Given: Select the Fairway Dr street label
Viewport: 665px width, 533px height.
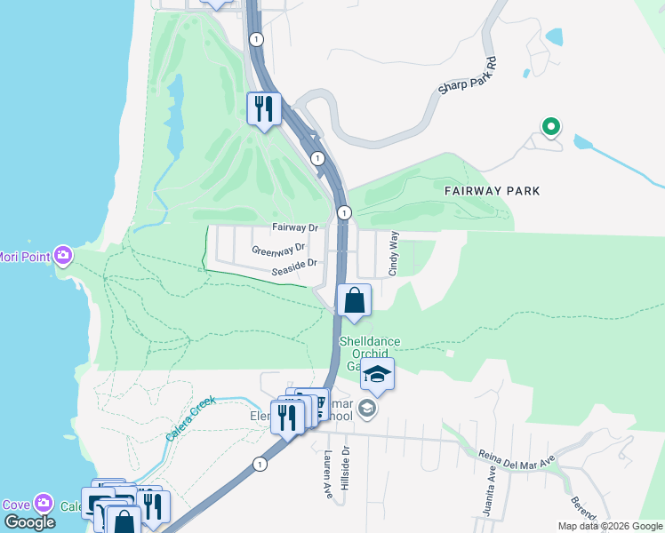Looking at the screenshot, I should point(295,227).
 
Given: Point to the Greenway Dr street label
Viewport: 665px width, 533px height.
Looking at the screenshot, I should point(278,248).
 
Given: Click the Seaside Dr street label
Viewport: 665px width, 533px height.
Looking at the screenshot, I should point(295,264).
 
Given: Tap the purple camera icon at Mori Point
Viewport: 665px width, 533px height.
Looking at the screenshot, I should point(63,256).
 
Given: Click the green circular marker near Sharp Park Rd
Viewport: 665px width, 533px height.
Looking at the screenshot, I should point(551,127).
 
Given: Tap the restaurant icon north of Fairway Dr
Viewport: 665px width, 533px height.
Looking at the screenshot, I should point(263,108).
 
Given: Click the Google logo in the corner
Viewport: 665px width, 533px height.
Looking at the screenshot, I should point(28,521).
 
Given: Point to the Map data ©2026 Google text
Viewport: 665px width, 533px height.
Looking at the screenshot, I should point(609,526).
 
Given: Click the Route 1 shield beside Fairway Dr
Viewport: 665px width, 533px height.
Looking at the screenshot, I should point(344,212).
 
